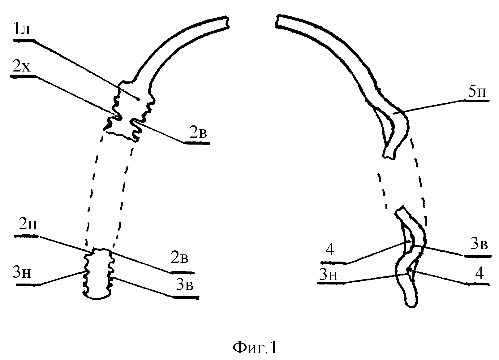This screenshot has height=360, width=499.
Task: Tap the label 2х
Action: (21, 67)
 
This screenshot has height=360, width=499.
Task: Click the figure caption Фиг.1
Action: (255, 348)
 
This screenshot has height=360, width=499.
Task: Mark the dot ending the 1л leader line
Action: (138, 99)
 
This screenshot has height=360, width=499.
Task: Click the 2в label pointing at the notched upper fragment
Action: (198, 132)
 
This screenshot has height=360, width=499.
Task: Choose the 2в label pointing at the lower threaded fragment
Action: (179, 258)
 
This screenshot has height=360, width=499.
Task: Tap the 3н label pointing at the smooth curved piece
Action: (328, 274)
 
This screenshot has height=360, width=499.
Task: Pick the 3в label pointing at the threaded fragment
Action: (184, 284)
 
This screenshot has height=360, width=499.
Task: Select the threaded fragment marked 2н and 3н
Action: (98, 274)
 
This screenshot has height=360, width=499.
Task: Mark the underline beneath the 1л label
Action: (24, 40)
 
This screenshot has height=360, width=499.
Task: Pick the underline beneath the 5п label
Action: (477, 101)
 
